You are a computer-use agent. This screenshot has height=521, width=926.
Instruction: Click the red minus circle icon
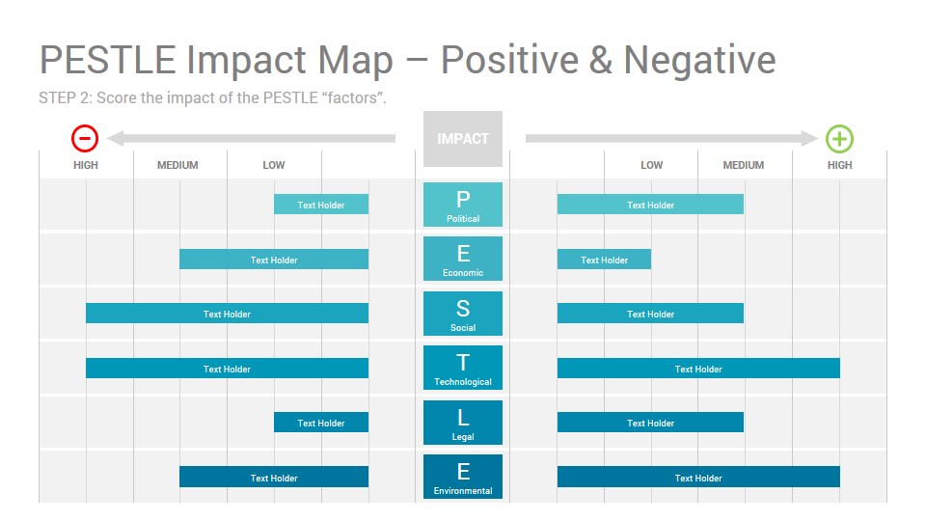click(x=85, y=138)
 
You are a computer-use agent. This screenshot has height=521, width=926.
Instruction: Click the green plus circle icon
click(x=839, y=139)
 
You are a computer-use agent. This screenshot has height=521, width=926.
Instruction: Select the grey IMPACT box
click(x=463, y=139)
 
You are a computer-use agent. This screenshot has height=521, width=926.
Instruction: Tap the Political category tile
click(x=463, y=205)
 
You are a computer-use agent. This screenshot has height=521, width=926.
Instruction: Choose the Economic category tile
click(x=463, y=259)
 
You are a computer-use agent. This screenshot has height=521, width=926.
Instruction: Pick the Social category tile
click(x=463, y=313)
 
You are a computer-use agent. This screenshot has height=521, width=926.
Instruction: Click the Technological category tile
click(x=463, y=368)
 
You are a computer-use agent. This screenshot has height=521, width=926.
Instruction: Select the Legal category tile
click(x=463, y=423)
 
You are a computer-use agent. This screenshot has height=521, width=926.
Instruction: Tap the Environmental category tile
click(x=463, y=477)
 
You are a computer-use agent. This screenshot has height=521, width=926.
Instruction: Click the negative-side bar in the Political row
click(x=321, y=205)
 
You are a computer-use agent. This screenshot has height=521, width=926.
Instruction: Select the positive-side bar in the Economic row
click(x=604, y=260)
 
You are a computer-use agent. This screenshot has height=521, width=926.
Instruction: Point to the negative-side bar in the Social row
click(x=228, y=314)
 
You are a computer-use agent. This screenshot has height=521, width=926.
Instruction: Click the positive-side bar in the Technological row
click(x=698, y=369)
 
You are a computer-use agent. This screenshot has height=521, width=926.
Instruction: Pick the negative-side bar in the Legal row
click(x=321, y=423)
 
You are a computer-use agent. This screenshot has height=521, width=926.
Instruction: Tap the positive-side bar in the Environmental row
click(x=698, y=478)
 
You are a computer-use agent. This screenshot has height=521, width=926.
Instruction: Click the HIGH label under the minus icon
click(x=86, y=165)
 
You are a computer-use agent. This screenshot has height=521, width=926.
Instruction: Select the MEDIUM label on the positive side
click(x=744, y=165)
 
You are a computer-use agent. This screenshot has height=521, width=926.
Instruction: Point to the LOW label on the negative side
click(x=273, y=165)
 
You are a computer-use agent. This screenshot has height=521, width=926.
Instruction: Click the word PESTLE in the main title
click(x=107, y=60)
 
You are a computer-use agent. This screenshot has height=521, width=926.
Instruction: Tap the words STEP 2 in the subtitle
click(x=65, y=97)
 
